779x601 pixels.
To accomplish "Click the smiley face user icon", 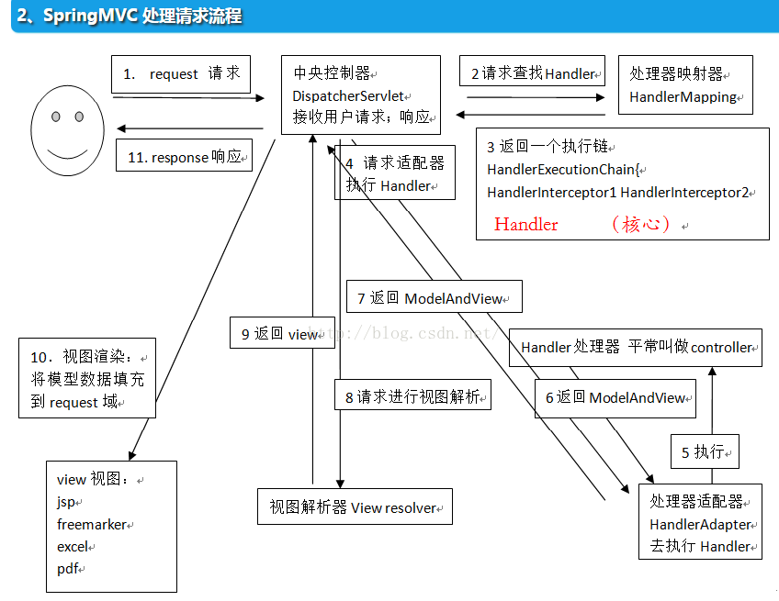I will click(67, 129).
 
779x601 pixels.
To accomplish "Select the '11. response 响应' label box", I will click(185, 157).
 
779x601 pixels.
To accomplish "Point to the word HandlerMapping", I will click(683, 96).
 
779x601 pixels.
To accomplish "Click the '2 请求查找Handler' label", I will click(533, 73).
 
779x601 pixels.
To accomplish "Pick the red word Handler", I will click(525, 224).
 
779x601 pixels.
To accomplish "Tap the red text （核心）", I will click(642, 224).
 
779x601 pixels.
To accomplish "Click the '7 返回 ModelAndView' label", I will click(434, 298).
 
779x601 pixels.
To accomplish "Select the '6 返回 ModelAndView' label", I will click(615, 397).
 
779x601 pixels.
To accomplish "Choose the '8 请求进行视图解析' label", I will click(412, 397).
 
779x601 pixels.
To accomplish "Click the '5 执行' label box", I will click(705, 451).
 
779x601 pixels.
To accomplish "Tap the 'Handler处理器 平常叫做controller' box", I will click(636, 348).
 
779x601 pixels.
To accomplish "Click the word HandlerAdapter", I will click(701, 525).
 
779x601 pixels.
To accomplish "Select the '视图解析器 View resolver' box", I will click(354, 507).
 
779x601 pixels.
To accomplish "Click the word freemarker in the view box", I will click(93, 525).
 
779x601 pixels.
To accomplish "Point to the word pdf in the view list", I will click(67, 569).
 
